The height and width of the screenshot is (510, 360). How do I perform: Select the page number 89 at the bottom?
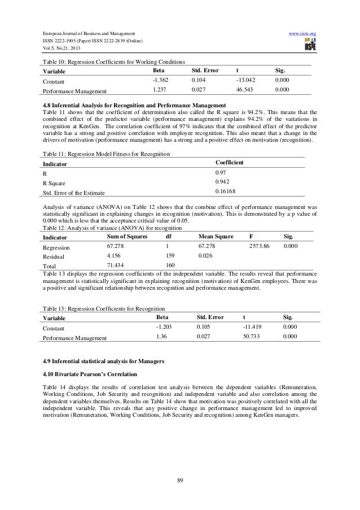pos(179,480)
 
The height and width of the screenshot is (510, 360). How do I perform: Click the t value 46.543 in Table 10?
pos(247,89)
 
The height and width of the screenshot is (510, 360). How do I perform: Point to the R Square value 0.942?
pos(222,182)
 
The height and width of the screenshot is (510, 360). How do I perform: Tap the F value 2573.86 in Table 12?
pos(260,246)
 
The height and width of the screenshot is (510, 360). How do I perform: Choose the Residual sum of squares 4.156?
pos(115,255)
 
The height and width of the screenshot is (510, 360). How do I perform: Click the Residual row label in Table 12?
pos(54,256)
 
